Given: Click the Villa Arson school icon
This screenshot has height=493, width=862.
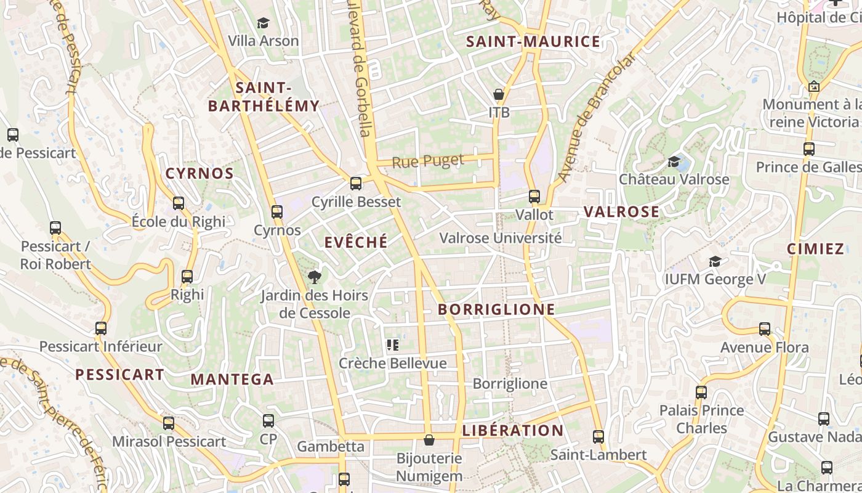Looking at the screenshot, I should (264, 23).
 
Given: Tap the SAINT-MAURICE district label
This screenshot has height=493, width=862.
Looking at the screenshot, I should (533, 42).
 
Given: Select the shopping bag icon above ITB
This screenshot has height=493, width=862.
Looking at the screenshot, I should (499, 94).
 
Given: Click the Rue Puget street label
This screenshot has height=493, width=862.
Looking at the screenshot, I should (428, 162).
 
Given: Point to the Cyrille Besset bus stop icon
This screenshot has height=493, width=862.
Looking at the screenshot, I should (356, 183).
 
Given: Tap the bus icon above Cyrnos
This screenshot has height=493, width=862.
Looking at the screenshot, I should (277, 212).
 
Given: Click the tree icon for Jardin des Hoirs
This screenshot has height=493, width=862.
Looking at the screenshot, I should (314, 277).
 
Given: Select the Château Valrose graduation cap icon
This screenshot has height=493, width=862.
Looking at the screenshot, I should (674, 161).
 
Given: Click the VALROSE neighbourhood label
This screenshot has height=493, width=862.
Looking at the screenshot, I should (621, 212).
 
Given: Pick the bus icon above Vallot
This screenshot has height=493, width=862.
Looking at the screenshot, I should (534, 197).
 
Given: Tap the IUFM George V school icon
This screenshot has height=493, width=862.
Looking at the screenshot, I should (715, 261).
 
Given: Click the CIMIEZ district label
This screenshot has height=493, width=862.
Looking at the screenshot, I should (815, 249).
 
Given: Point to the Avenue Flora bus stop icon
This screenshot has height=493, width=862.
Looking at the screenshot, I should (765, 329).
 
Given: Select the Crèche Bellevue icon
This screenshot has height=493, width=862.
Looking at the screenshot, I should (393, 345).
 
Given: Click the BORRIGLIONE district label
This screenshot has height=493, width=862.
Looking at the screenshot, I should (497, 309).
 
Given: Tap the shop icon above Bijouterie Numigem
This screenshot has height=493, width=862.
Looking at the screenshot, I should (429, 440).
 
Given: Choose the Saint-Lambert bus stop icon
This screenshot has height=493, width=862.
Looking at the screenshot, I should (598, 437).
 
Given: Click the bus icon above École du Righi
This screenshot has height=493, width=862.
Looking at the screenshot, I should (179, 203).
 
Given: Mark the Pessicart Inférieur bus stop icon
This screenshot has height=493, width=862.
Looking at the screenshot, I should (101, 328).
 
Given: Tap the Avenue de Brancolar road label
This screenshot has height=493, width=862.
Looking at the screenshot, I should (596, 117).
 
